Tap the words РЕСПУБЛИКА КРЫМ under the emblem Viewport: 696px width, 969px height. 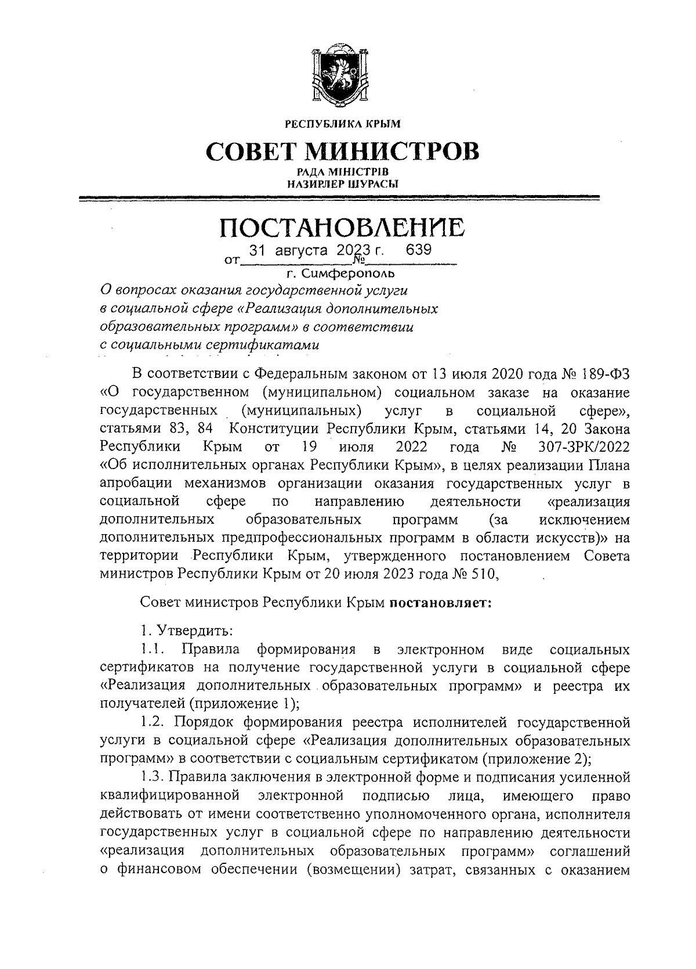click(x=342, y=124)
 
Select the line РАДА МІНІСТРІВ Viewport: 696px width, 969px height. click(x=342, y=172)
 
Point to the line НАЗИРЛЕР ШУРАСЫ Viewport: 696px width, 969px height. click(x=342, y=184)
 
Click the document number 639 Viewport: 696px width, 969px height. click(x=419, y=250)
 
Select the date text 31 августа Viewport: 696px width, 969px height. click(x=283, y=251)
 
